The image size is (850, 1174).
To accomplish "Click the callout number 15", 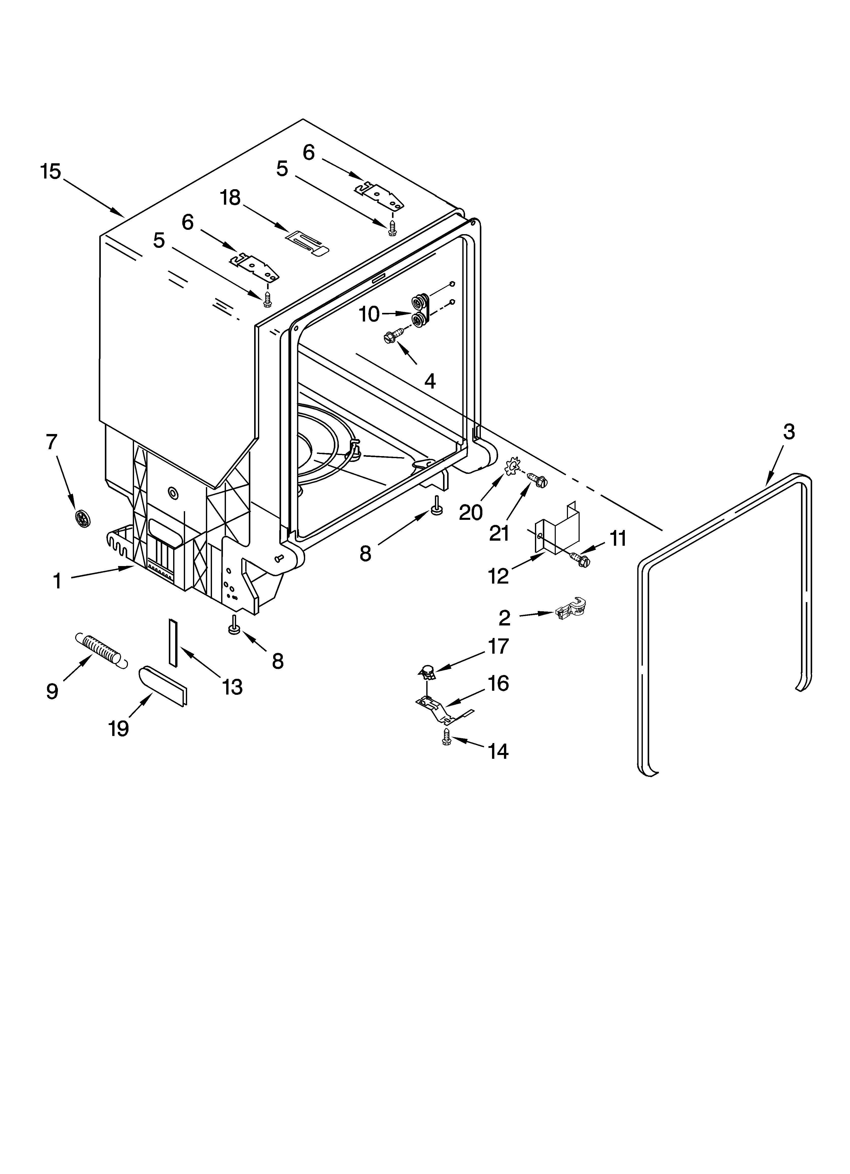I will [51, 172].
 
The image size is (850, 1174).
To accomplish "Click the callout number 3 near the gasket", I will [788, 432].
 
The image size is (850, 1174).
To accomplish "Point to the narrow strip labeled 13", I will [172, 641].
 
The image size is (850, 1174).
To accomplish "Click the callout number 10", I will [369, 314].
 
